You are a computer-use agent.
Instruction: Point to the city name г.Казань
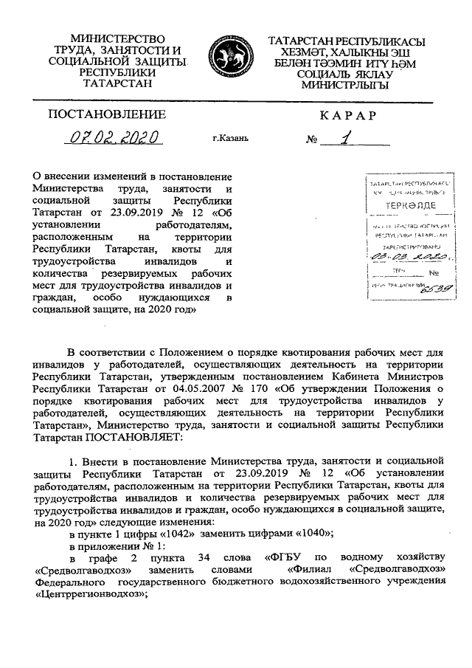(234, 139)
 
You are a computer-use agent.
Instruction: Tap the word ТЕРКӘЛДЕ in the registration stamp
(410, 204)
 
